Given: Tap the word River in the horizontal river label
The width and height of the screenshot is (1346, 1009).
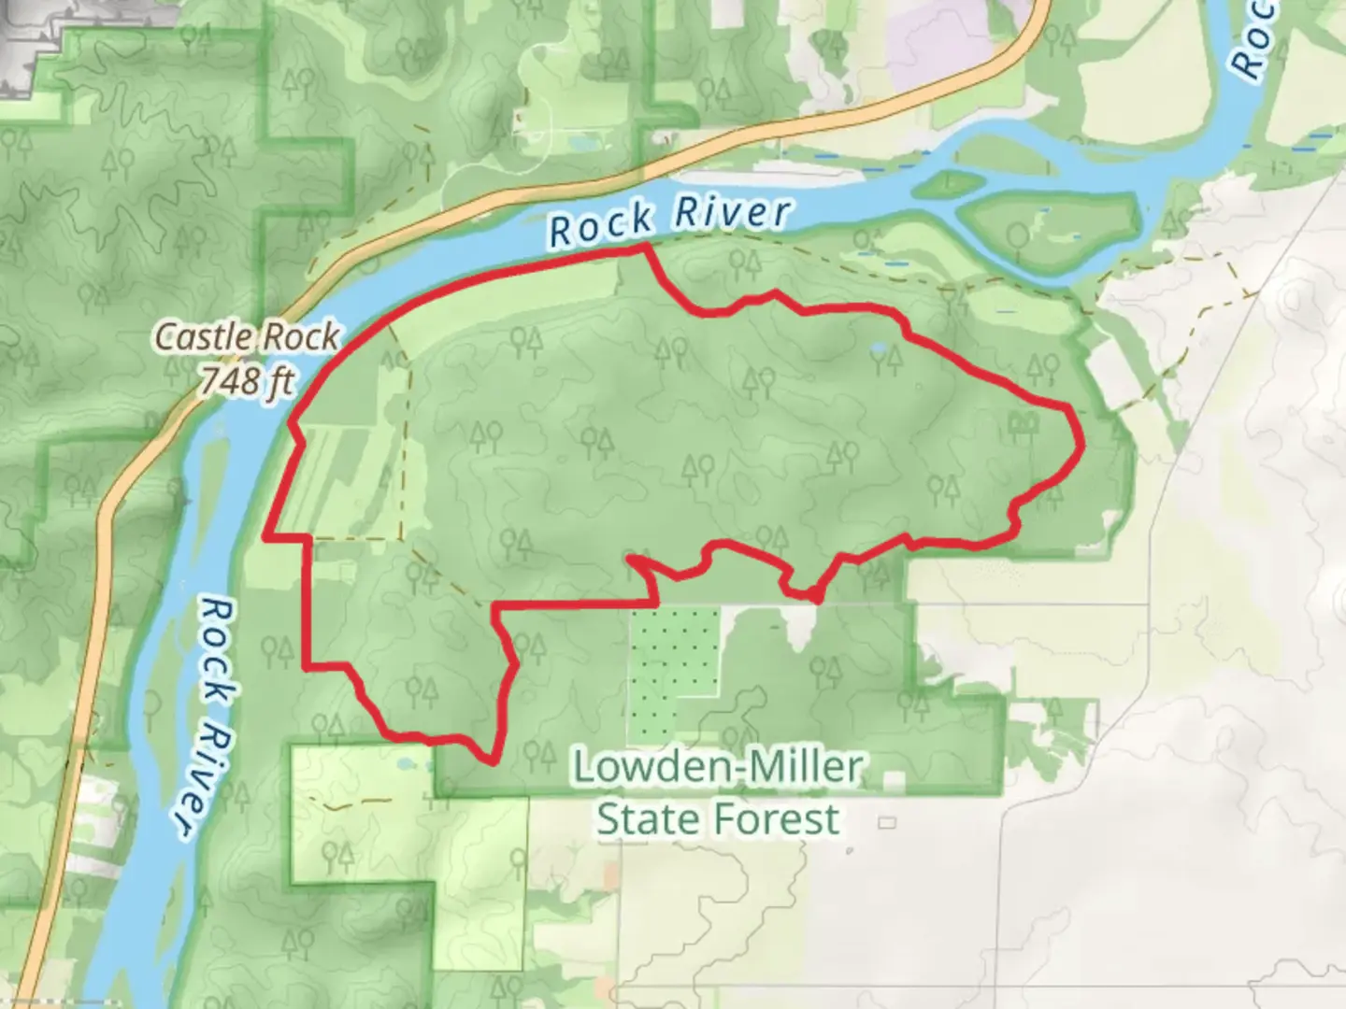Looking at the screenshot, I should tap(733, 213).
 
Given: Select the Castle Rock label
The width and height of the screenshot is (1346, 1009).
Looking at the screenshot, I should tap(247, 336).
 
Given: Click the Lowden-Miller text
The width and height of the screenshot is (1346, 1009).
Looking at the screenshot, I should tap(717, 767).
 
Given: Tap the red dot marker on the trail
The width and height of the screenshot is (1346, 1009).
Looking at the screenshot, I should tap(814, 595).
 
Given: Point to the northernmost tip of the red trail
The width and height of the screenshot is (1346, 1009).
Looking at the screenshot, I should tap(645, 247).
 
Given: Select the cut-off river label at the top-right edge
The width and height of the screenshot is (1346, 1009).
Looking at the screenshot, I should tap(1253, 37).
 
